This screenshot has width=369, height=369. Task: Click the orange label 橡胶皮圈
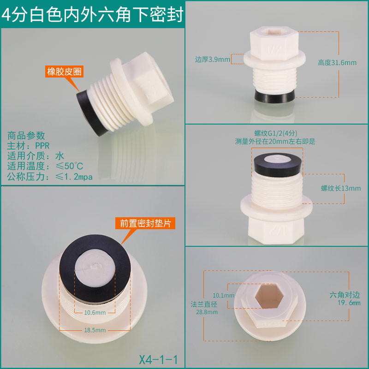tap(64, 71)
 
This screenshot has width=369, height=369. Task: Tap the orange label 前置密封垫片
tap(145, 223)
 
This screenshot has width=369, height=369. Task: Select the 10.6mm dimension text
tap(95, 313)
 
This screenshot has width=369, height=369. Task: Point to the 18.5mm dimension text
tap(95, 330)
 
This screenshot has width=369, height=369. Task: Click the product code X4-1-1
tap(158, 359)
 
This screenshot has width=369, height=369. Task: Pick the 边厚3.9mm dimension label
tap(213, 60)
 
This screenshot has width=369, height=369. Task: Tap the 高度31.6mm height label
tap(337, 63)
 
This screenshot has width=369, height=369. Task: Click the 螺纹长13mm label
tap(341, 188)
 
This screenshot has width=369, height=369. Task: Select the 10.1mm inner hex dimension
tap(223, 295)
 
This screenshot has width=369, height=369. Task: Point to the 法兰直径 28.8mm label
tap(204, 308)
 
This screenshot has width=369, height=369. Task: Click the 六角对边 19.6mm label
tap(345, 298)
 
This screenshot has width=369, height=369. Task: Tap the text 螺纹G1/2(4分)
tap(275, 133)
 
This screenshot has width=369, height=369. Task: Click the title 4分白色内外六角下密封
tap(92, 15)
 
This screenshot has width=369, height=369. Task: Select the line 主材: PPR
tap(28, 146)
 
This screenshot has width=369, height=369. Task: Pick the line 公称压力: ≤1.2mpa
tap(50, 177)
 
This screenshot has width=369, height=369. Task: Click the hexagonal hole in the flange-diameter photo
tap(269, 296)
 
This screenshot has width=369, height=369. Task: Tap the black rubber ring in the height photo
tap(274, 95)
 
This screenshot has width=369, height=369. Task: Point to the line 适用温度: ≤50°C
tap(45, 166)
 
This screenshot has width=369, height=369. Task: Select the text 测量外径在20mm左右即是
tap(275, 142)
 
